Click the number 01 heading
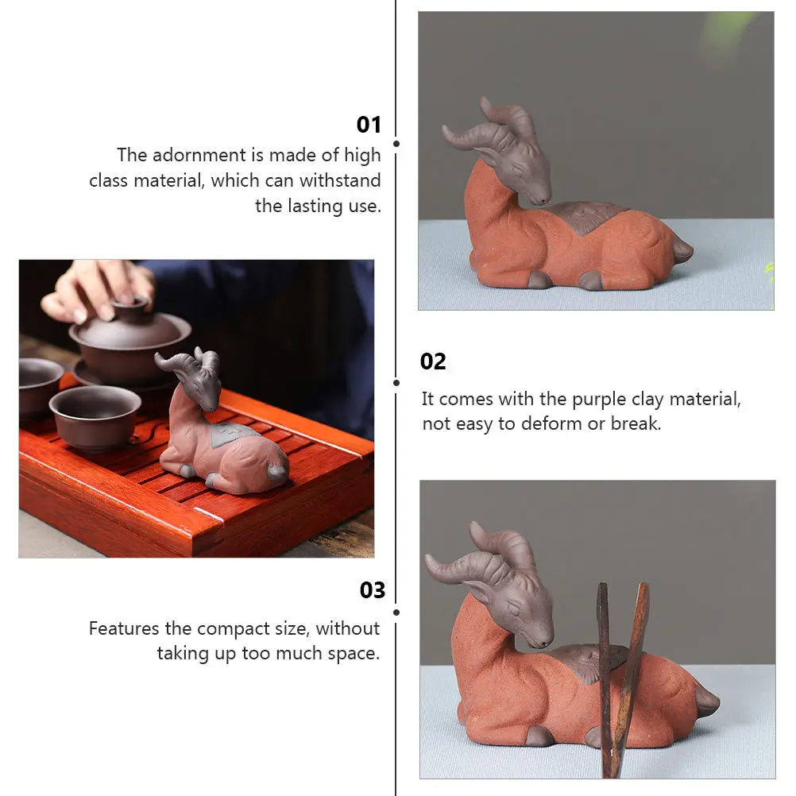coord(369,125)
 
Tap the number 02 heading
coord(433,361)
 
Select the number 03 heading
coord(372,590)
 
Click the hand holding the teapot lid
coord(99,290)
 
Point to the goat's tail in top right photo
coord(682,252)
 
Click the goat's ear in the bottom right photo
coord(485,593)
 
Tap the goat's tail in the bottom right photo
coord(707,701)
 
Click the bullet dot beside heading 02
coord(396,382)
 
